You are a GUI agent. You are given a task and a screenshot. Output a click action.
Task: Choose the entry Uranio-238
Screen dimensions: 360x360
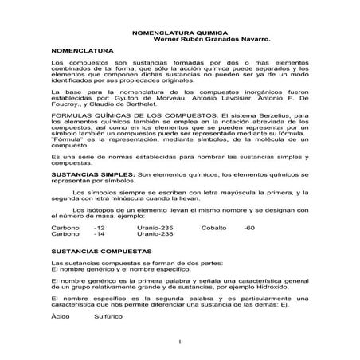point(154,234)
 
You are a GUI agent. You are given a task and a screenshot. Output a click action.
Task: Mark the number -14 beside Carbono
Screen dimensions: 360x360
point(100,234)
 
